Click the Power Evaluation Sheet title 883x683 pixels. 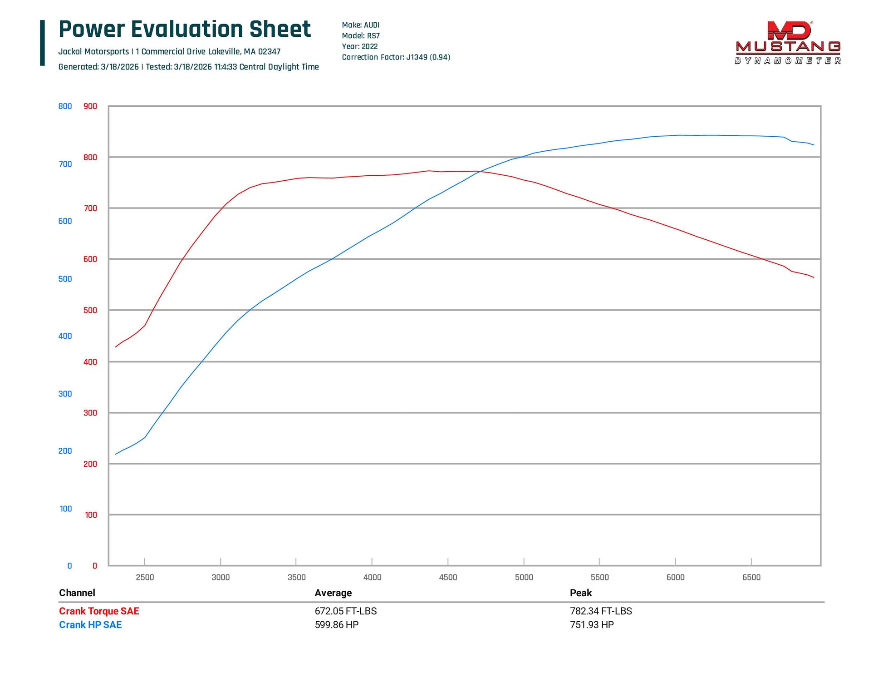click(x=185, y=29)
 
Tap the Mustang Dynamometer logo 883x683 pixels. click(x=788, y=43)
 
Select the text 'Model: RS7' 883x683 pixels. click(x=361, y=36)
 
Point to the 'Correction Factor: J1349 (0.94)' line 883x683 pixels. click(x=396, y=57)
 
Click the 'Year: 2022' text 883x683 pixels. click(x=359, y=46)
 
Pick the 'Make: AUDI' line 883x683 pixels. click(x=360, y=25)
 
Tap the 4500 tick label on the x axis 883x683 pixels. click(x=448, y=577)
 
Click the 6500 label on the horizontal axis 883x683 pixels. click(x=751, y=577)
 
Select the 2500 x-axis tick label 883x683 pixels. click(x=145, y=577)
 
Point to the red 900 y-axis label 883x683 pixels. click(x=90, y=106)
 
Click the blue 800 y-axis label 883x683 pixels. click(x=65, y=106)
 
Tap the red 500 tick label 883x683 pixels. click(x=90, y=310)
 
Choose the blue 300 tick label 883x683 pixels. click(x=65, y=394)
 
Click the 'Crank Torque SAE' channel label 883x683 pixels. click(x=99, y=611)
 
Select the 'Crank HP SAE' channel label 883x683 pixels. click(x=90, y=625)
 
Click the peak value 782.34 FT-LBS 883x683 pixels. click(x=601, y=611)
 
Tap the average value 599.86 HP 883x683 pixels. click(x=337, y=625)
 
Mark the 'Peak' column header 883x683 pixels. click(x=581, y=593)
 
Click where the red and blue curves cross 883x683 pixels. click(x=480, y=171)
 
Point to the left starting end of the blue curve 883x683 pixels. click(x=116, y=454)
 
